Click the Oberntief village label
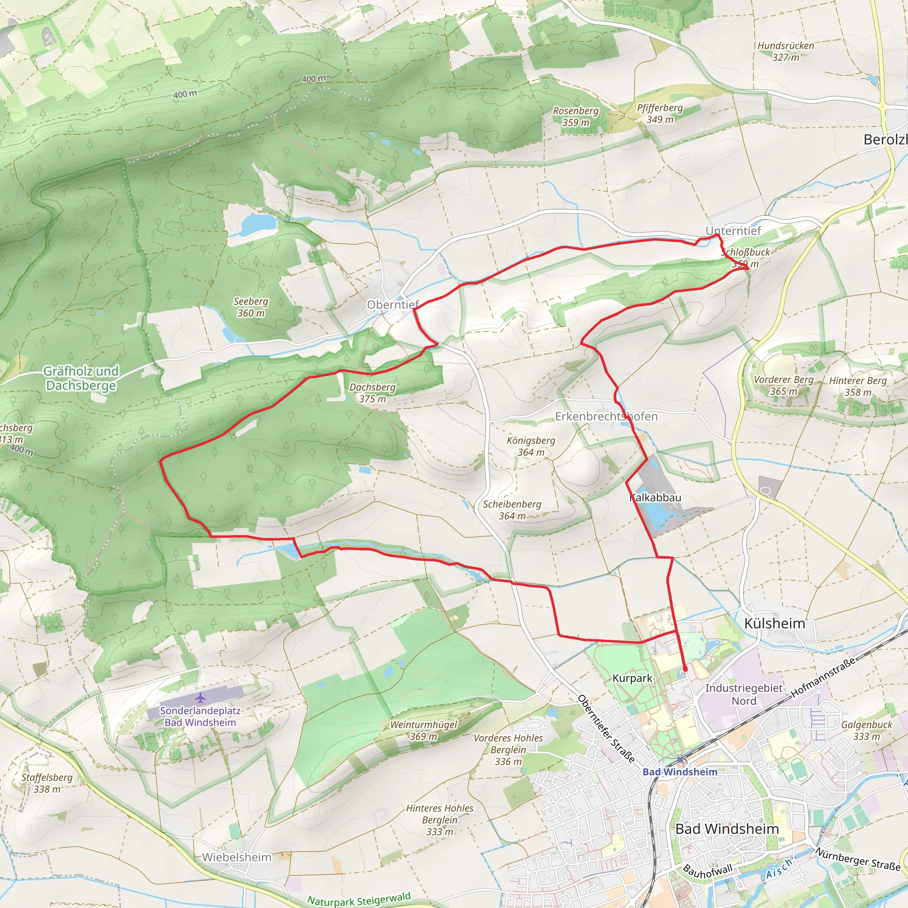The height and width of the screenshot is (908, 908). pos(392,305)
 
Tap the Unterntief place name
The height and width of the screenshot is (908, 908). pos(733,231)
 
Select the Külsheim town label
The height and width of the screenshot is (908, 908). pos(775,624)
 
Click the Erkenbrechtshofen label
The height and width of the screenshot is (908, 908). pos(606,416)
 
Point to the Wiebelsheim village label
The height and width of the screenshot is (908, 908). pos(237,857)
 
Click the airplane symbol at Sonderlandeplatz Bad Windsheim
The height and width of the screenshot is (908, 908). pos(201,697)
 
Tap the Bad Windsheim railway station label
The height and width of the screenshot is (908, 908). pos(680,772)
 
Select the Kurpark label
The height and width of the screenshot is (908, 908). pos(632,678)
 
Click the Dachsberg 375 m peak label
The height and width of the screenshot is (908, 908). pos(372,393)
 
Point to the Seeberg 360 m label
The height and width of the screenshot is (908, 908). pos(251,307)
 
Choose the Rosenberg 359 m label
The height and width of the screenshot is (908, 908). pos(576,117)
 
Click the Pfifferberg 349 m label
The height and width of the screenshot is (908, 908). pos(660,113)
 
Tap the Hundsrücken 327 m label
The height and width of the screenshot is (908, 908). pos(786,51)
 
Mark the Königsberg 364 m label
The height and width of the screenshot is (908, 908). pos(531,446)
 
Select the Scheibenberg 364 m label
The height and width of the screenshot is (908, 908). pos(512,510)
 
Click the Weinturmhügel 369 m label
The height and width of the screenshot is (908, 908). pos(423,730)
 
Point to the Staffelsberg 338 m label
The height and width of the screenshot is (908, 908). pos(47,783)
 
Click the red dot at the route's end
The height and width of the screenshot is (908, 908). pos(685,669)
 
